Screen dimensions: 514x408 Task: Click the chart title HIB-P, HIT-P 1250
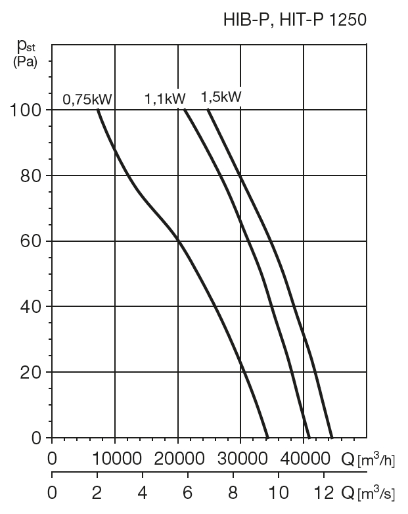tap(295, 20)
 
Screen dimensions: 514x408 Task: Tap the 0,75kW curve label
tap(87, 100)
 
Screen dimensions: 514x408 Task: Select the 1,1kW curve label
tap(165, 99)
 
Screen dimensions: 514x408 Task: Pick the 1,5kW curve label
tap(221, 97)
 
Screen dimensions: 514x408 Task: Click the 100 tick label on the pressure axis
tap(27, 110)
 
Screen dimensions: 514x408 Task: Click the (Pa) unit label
tap(26, 62)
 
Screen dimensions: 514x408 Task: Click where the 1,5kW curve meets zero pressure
tap(332, 437)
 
